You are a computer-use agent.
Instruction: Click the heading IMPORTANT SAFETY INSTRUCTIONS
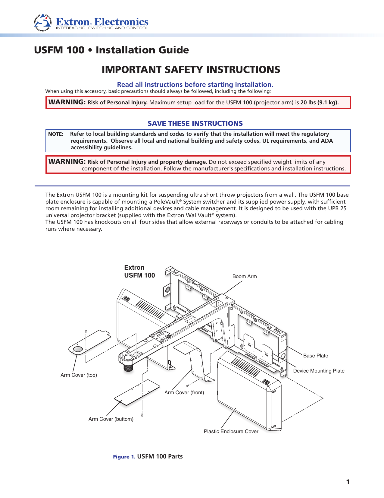pyautogui.click(x=191, y=70)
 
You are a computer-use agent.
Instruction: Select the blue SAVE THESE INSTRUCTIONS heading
pyautogui.click(x=195, y=123)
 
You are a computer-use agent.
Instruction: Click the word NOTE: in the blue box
pyautogui.click(x=56, y=134)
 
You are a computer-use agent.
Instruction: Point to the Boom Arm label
pyautogui.click(x=244, y=276)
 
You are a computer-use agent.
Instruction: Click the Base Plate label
pyautogui.click(x=315, y=356)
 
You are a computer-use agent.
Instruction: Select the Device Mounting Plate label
pyautogui.click(x=319, y=371)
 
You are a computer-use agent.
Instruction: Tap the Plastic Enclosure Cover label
pyautogui.click(x=231, y=431)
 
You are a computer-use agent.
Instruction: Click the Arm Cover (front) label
pyautogui.click(x=184, y=392)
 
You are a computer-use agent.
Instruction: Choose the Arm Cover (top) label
pyautogui.click(x=79, y=375)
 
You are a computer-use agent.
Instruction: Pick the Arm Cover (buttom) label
pyautogui.click(x=111, y=419)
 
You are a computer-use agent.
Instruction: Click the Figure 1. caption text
pyautogui.click(x=148, y=456)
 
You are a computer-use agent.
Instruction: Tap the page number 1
pyautogui.click(x=348, y=482)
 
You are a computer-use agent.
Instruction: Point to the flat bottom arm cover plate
pyautogui.click(x=137, y=392)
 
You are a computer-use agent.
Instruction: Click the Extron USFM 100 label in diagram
pyautogui.click(x=139, y=271)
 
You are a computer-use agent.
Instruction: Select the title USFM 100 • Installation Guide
pyautogui.click(x=111, y=50)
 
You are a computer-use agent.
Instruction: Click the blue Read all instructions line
pyautogui.click(x=195, y=84)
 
